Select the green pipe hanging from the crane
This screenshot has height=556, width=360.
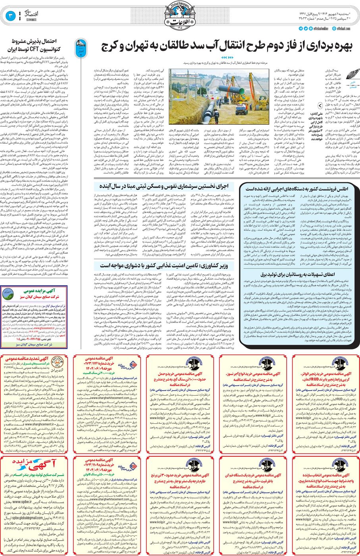click(x=232, y=90)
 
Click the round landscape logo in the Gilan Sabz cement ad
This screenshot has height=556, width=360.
click(x=8, y=294)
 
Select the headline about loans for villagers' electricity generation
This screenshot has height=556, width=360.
click(x=298, y=274)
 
